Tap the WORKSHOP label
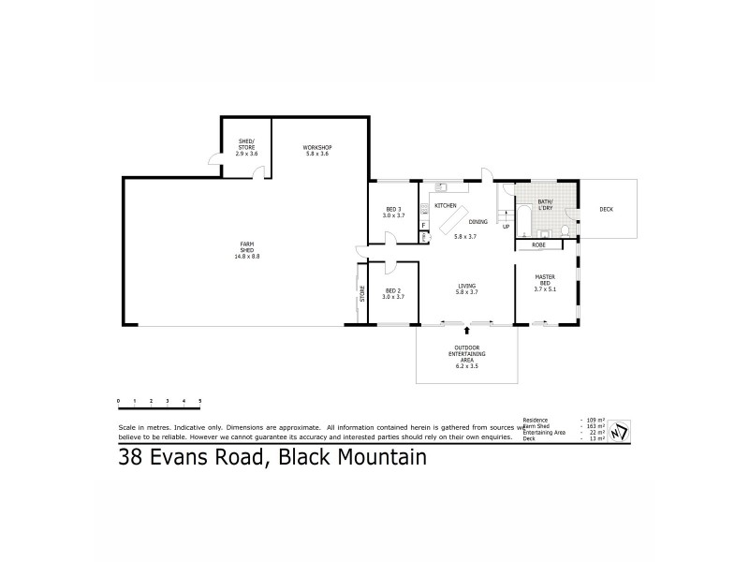coord(317,147)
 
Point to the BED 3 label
coord(393,209)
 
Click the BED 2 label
coord(393,291)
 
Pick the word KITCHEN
coord(445,204)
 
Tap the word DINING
coord(478,222)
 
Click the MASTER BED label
coord(546,279)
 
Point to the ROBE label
coord(538,244)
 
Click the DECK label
coord(607,209)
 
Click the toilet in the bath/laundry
coord(565,230)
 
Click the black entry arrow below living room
coord(466,331)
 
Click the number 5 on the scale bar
coord(200,401)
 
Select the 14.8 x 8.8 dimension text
coord(247,256)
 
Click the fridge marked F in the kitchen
coord(424,225)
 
